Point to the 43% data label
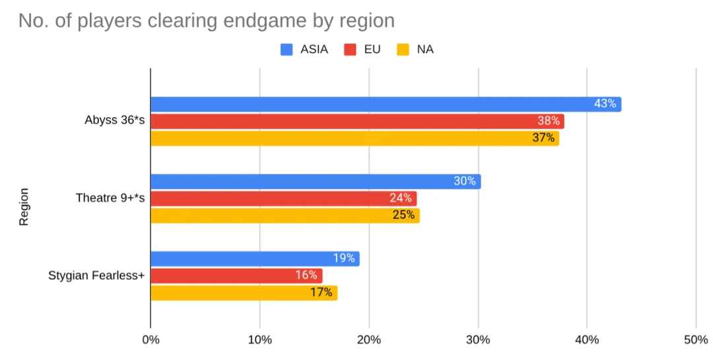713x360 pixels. coord(605,104)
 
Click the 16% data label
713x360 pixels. coord(306,275)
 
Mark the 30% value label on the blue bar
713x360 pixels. coord(465,181)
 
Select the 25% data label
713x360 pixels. coord(404,215)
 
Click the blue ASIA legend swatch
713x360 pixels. coord(287,50)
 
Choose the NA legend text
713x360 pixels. coord(425,50)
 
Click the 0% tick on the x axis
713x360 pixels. coord(151,340)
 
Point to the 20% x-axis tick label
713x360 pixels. coord(369,340)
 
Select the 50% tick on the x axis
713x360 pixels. coord(696,340)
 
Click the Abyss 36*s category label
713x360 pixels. coord(114,121)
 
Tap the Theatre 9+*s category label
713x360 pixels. coord(110,198)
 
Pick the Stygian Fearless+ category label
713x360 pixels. coord(96,275)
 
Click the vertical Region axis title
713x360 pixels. coord(24,207)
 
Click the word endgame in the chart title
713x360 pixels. coord(265,21)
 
